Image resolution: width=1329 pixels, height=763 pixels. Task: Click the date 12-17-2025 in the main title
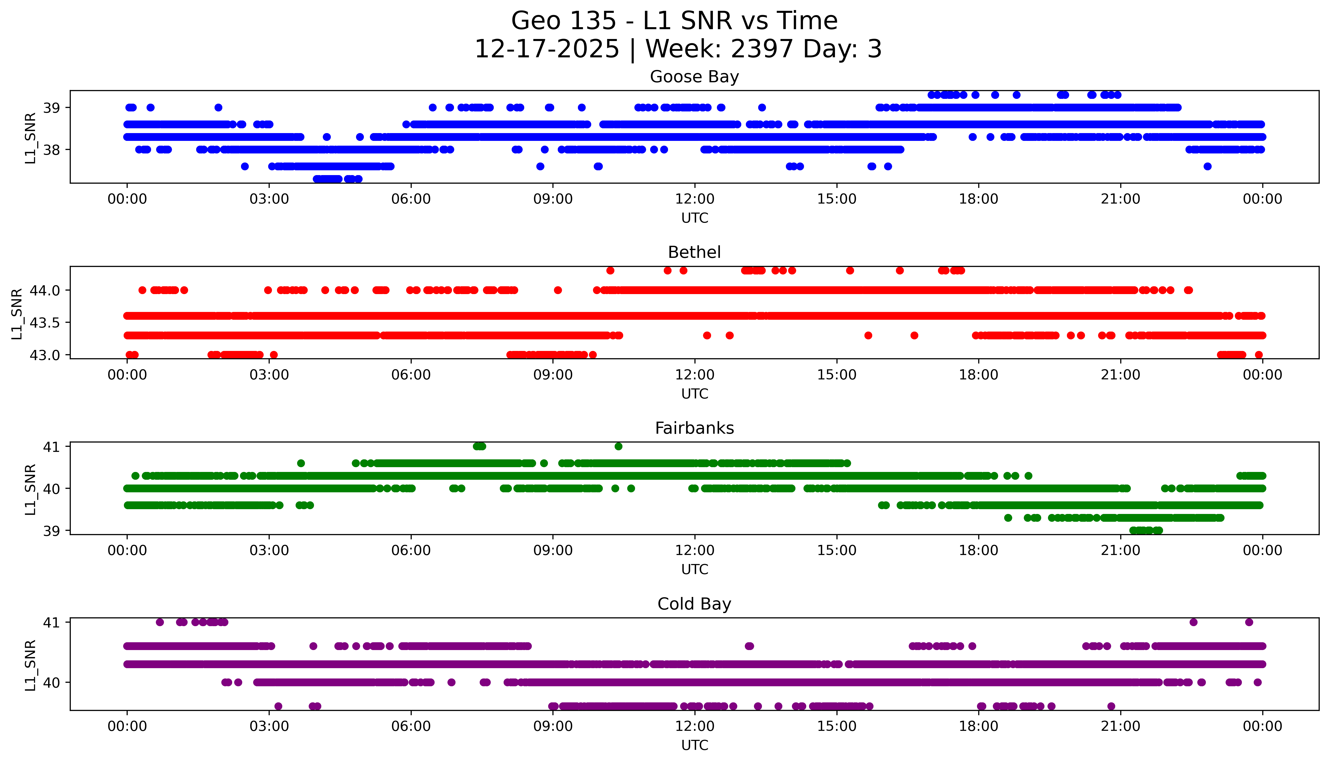[x=546, y=49]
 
